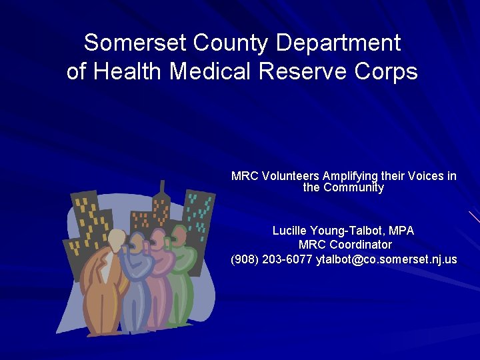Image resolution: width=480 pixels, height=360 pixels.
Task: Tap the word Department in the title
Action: pyautogui.click(x=339, y=43)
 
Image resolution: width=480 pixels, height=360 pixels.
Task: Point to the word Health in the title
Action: pyautogui.click(x=131, y=71)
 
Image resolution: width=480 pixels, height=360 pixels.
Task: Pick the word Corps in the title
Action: pyautogui.click(x=387, y=71)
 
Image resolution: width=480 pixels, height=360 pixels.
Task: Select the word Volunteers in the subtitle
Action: pyautogui.click(x=291, y=176)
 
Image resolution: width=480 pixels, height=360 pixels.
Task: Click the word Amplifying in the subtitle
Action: pyautogui.click(x=350, y=176)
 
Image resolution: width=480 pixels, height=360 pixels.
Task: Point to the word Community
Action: pyautogui.click(x=353, y=187)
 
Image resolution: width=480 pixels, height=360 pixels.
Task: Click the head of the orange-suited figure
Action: pyautogui.click(x=117, y=238)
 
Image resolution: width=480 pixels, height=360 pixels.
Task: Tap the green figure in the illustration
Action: pyautogui.click(x=180, y=280)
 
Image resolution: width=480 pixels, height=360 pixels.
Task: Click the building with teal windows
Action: pyautogui.click(x=199, y=213)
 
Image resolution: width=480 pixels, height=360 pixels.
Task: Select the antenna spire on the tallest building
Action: pyautogui.click(x=161, y=187)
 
